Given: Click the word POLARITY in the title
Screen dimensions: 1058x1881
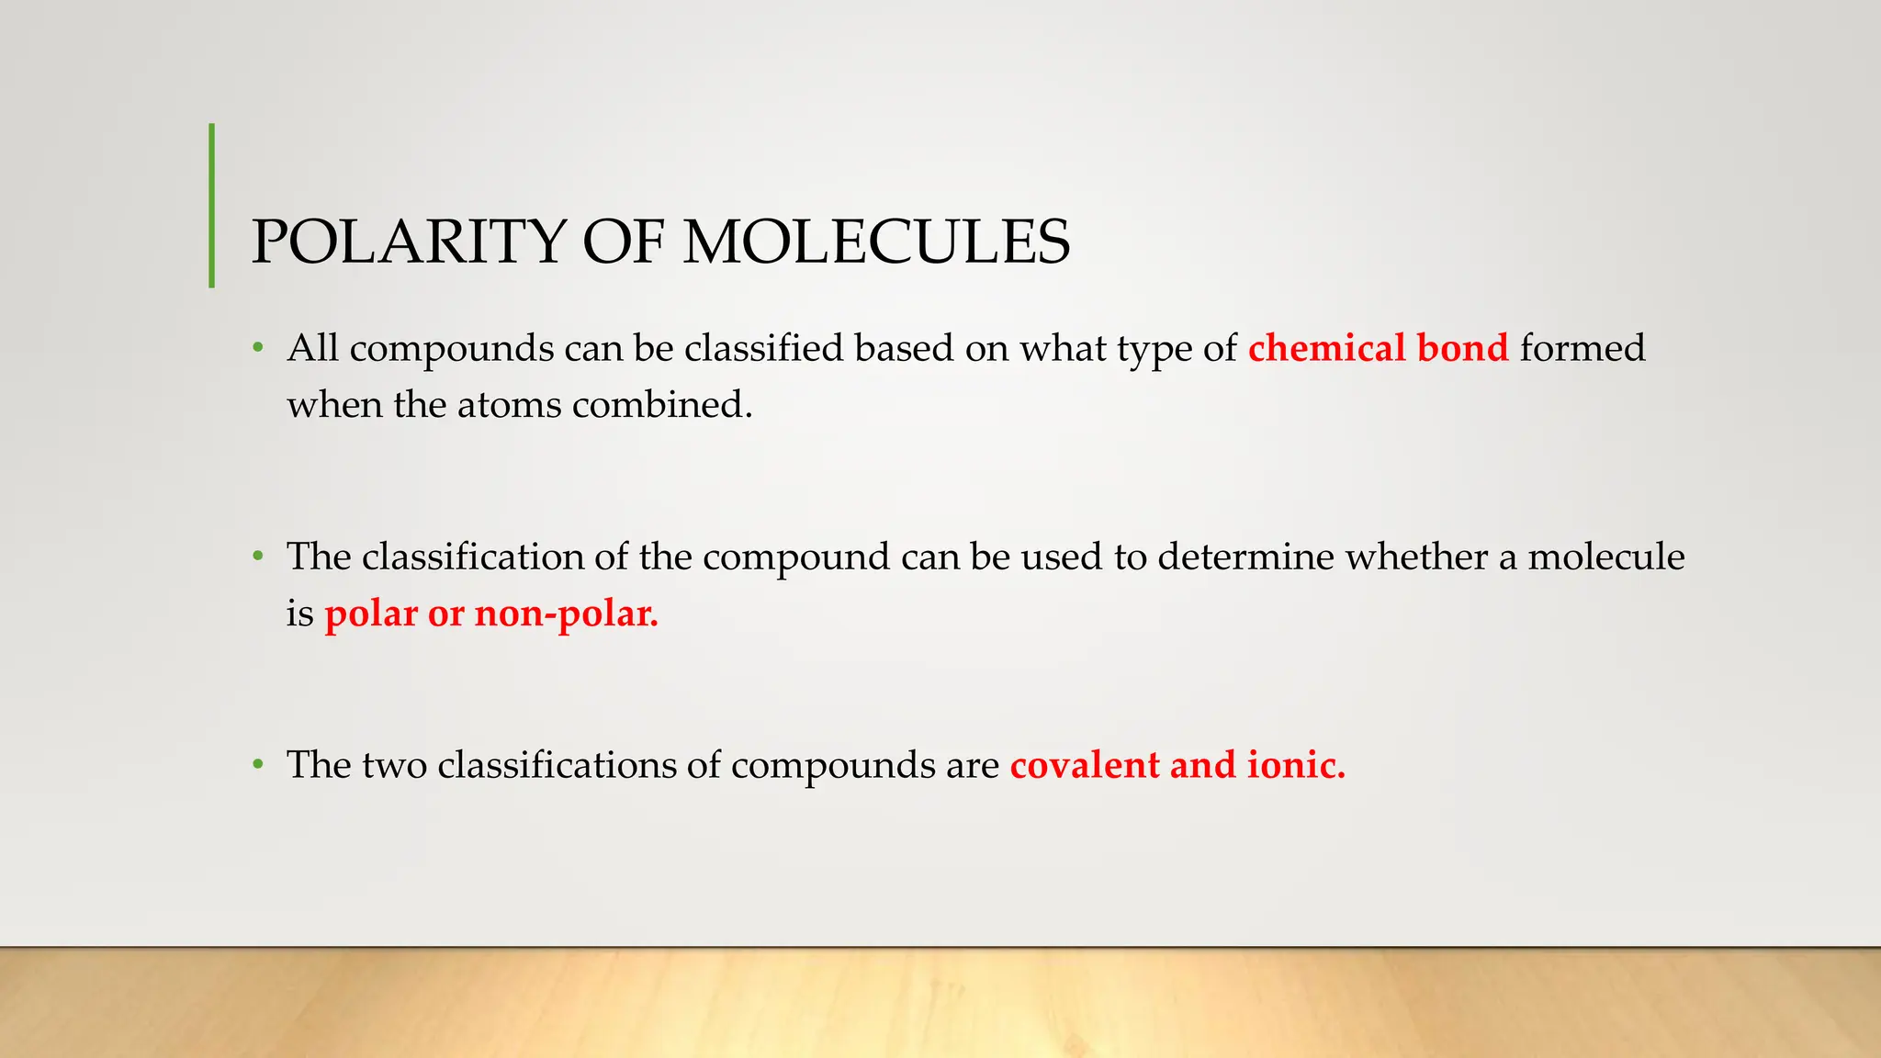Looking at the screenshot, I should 408,242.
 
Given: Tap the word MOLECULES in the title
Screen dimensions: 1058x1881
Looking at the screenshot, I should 877,242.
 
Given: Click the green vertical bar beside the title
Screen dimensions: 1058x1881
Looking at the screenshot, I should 212,205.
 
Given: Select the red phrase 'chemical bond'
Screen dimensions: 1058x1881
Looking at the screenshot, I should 1378,348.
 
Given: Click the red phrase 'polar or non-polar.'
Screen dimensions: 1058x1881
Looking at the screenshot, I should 491,613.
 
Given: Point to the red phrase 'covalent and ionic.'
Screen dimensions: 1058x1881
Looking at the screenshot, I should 1177,765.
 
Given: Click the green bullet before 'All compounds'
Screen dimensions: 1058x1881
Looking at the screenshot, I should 259,349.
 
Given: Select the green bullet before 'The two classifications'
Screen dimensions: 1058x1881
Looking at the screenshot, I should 259,765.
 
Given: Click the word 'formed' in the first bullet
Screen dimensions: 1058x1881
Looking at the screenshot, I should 1583,348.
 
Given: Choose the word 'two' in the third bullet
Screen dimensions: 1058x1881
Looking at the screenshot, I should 395,765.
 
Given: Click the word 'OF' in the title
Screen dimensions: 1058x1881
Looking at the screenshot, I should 622,242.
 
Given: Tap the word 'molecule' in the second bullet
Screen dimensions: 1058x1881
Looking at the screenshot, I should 1605,557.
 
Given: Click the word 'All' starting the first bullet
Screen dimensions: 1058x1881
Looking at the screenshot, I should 312,348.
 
